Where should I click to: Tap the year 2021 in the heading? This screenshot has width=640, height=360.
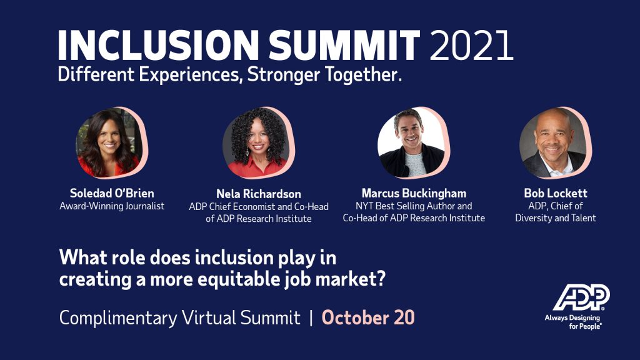point(471,45)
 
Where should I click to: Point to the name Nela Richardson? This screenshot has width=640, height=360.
point(259,194)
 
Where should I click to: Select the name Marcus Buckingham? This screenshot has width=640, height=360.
point(414,193)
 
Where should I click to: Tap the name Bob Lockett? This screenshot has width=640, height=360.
point(556,193)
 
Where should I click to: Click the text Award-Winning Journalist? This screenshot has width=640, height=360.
point(112,206)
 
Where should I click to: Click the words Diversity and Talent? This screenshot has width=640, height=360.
point(556,218)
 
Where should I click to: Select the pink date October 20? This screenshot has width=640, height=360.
point(368,317)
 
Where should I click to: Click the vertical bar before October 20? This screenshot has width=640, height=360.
point(311,317)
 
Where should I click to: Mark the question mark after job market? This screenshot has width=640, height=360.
point(379,279)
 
